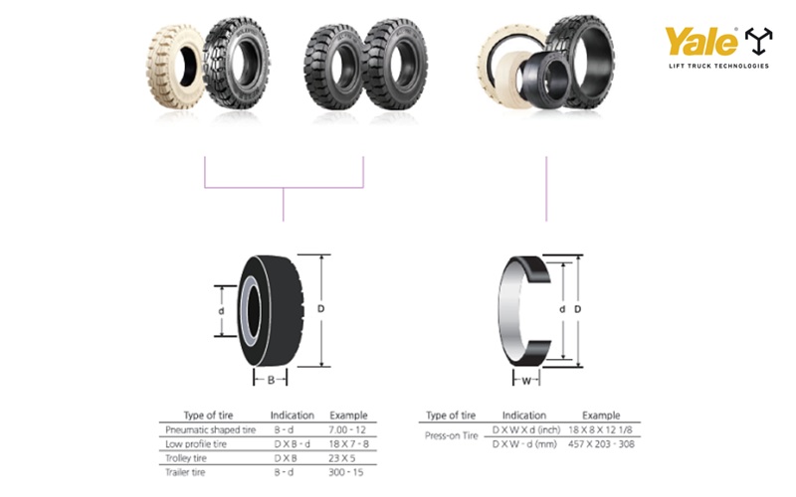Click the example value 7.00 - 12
click(x=346, y=428)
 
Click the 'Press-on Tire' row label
click(x=451, y=435)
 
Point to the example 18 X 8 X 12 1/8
click(x=601, y=428)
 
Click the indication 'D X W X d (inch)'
click(x=524, y=428)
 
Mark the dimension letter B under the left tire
click(x=270, y=380)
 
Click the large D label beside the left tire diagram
click(x=320, y=309)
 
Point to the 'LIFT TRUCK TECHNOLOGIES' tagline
click(x=718, y=67)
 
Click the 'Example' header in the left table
click(x=347, y=414)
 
